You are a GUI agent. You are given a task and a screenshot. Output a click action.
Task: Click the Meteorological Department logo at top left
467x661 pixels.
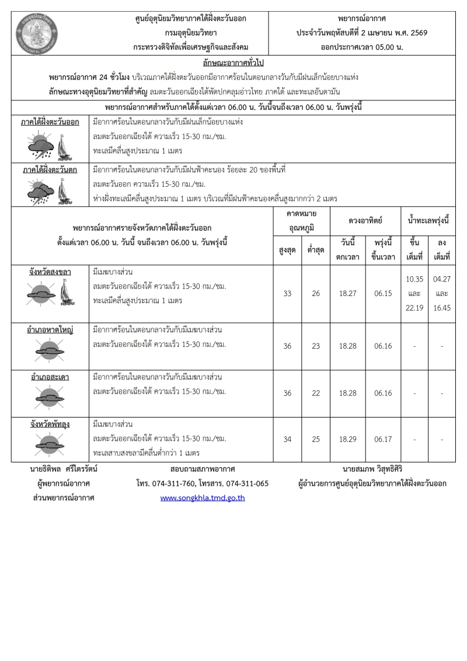(33, 33)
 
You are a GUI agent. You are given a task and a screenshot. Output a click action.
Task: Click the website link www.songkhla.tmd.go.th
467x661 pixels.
(202, 498)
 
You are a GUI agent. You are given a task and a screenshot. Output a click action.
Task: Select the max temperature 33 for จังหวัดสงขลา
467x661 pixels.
(287, 294)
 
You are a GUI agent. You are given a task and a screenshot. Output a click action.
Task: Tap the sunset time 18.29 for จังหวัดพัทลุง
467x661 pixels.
(348, 439)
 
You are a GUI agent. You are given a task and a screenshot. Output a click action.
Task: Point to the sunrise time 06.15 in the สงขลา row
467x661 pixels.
(383, 294)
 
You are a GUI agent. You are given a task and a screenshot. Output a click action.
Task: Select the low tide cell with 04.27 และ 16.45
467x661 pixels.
(442, 294)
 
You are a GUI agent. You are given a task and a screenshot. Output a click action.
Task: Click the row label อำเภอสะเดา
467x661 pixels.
(50, 377)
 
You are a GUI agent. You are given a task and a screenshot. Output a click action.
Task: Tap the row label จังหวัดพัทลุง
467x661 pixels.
(50, 424)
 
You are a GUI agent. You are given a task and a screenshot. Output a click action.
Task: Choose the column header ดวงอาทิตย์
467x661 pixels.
(366, 221)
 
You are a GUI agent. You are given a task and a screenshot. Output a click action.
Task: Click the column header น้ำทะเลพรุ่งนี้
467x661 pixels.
(428, 221)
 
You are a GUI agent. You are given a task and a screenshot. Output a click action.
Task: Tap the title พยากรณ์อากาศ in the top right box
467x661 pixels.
(361, 19)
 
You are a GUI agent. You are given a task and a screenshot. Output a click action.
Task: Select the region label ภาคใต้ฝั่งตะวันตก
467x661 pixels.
(50, 169)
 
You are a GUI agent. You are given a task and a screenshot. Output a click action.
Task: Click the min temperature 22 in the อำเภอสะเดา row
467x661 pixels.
(316, 393)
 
